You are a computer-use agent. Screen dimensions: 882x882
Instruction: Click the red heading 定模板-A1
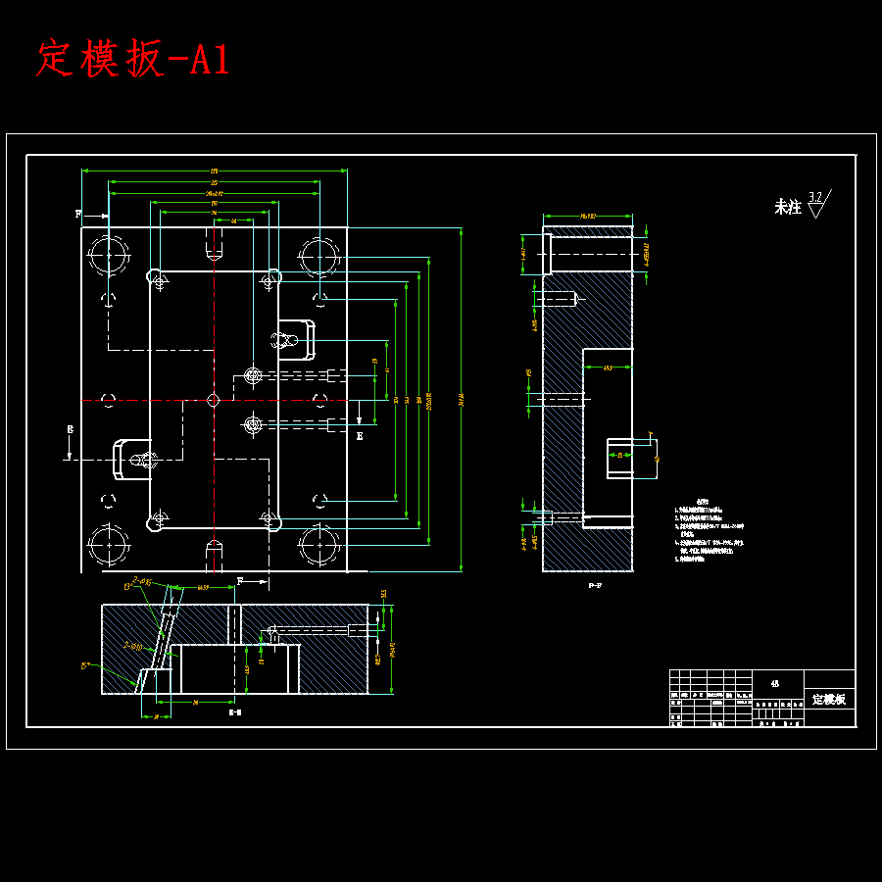pyautogui.click(x=133, y=60)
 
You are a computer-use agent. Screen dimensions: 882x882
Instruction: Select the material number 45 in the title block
pyautogui.click(x=775, y=683)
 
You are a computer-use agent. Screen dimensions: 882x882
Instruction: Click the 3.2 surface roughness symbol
pyautogui.click(x=816, y=204)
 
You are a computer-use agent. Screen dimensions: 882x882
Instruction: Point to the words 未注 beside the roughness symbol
pyautogui.click(x=787, y=207)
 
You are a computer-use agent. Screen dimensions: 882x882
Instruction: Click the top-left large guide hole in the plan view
pyautogui.click(x=108, y=257)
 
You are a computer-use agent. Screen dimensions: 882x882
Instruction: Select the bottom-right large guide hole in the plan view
pyautogui.click(x=319, y=545)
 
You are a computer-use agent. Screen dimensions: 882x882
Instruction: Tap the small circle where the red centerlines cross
pyautogui.click(x=214, y=400)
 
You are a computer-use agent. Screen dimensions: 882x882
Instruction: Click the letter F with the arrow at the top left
pyautogui.click(x=79, y=213)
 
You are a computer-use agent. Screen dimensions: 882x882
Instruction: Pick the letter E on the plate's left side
pyautogui.click(x=70, y=429)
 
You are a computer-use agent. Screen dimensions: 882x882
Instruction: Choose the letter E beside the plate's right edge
pyautogui.click(x=360, y=435)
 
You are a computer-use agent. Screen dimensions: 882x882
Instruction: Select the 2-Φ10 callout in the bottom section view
pyautogui.click(x=133, y=646)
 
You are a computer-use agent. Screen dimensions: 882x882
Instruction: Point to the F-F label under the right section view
pyautogui.click(x=595, y=585)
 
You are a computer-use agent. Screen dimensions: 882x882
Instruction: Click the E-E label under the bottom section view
pyautogui.click(x=235, y=712)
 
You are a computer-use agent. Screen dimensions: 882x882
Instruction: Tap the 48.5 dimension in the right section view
pyautogui.click(x=607, y=368)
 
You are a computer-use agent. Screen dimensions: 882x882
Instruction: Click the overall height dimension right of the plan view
pyautogui.click(x=462, y=400)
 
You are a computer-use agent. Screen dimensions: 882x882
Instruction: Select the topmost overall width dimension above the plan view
pyautogui.click(x=214, y=171)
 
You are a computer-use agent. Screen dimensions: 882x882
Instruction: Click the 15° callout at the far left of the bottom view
pyautogui.click(x=86, y=665)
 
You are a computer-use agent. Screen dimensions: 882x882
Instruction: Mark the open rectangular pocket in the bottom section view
pyautogui.click(x=238, y=669)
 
